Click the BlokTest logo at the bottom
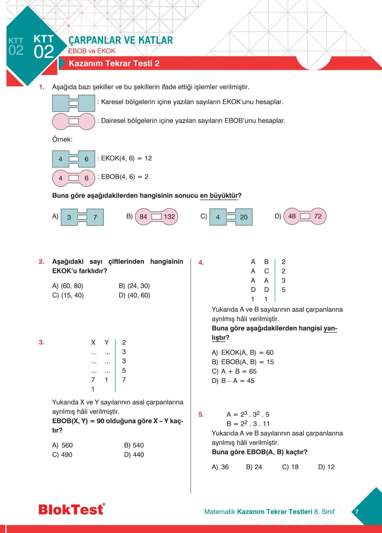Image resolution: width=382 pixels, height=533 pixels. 71,509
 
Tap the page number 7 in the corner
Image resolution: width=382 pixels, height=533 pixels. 357,511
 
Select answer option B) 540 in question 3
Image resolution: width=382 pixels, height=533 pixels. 134,445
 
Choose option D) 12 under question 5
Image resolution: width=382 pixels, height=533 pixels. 326,467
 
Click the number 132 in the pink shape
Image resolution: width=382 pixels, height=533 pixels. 169,217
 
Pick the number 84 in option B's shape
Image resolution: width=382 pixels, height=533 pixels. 143,217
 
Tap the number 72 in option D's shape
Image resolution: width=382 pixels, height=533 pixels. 318,216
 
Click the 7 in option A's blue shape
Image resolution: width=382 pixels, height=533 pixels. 95,217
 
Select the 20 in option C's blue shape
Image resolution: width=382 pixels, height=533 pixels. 244,217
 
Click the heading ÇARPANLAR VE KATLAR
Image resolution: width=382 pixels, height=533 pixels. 121,40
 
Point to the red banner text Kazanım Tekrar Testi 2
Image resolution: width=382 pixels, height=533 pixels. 114,64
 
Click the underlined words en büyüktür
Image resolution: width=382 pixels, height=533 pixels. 219,196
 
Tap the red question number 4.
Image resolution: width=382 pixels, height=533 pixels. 201,262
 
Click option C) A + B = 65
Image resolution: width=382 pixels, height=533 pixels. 234,371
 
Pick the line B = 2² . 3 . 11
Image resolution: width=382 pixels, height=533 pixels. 248,424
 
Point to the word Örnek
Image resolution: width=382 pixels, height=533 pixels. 62,140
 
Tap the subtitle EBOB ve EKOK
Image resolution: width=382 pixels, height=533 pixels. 92,51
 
